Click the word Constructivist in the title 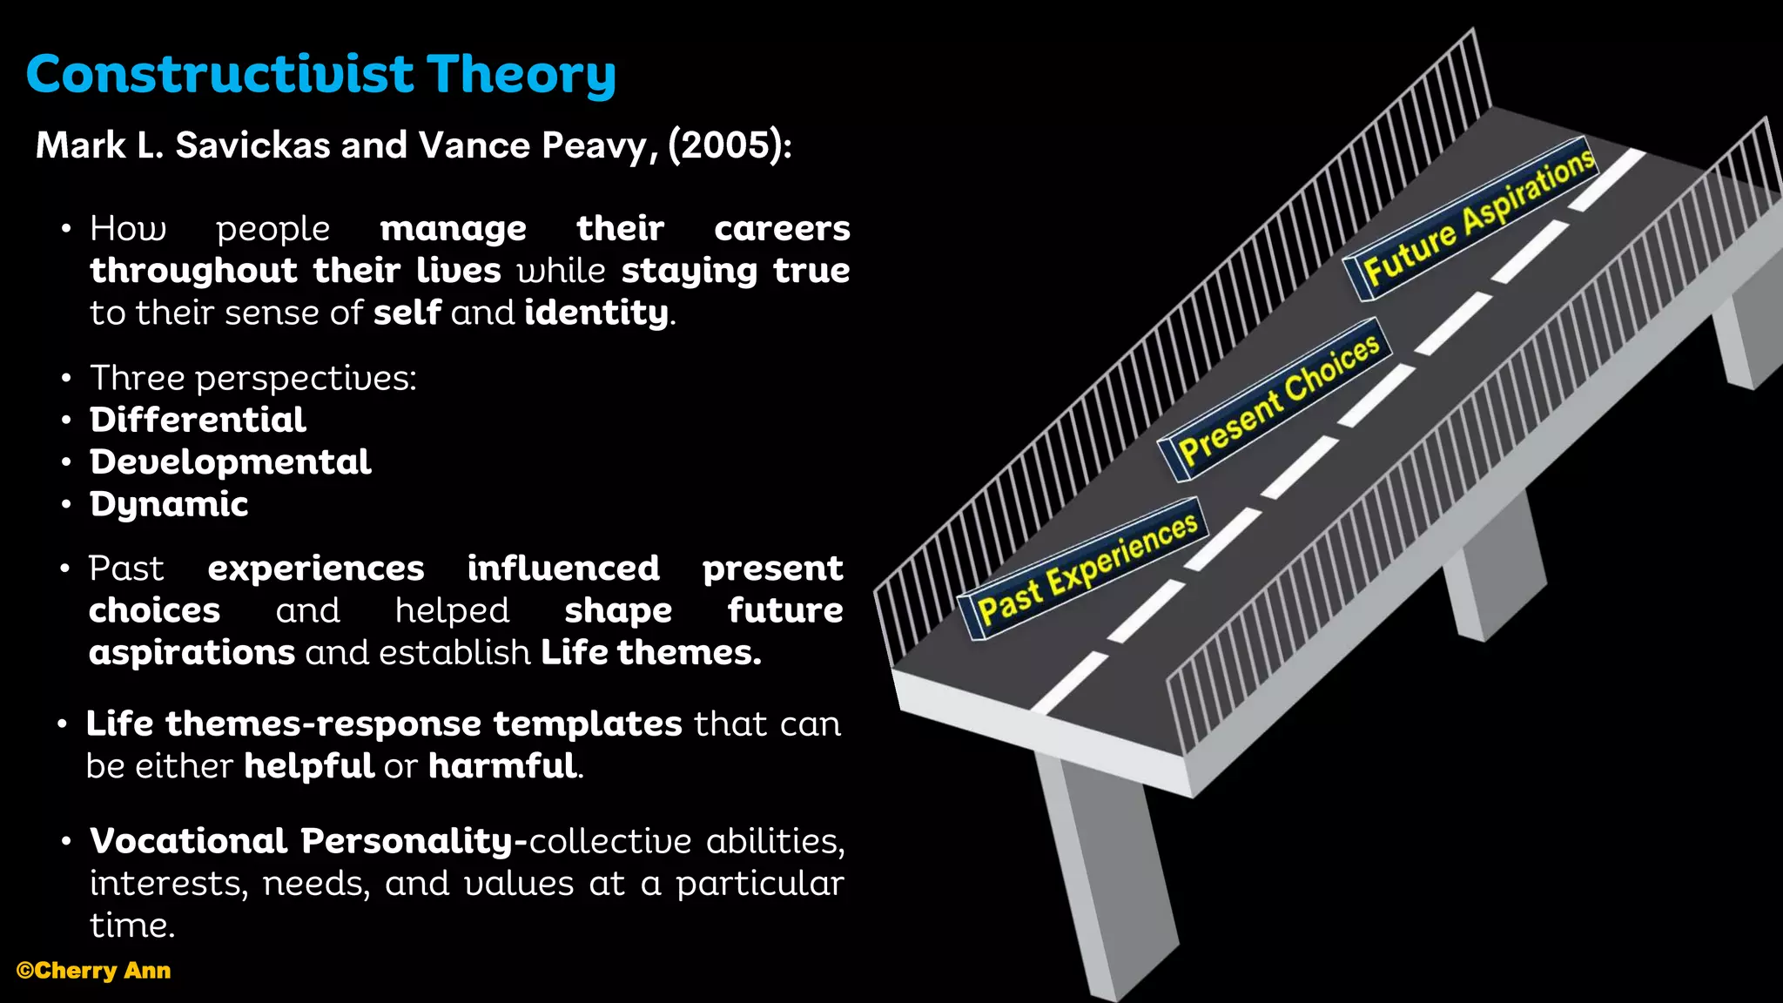point(219,74)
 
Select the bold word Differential point(198,420)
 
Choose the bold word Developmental point(230,461)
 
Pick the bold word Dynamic point(169,504)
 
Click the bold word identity point(596,313)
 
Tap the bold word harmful point(502,766)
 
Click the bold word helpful point(309,766)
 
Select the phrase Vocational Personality point(301,841)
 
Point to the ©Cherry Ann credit point(93,971)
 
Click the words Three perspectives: point(253,378)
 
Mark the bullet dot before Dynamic point(66,505)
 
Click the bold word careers point(782,228)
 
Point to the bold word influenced point(563,569)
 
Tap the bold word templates point(588,724)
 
